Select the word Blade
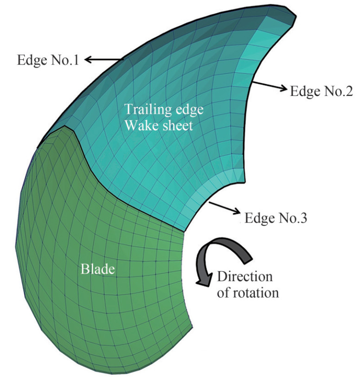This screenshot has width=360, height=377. [x=97, y=269]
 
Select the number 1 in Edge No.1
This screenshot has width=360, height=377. [x=76, y=60]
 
